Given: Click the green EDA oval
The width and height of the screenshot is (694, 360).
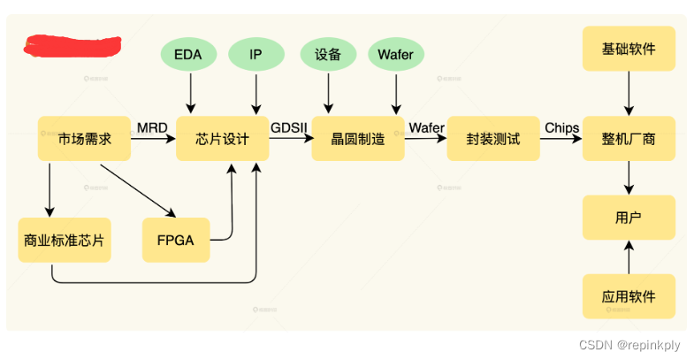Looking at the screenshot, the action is pos(188,55).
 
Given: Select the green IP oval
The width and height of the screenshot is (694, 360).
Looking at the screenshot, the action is pos(256,55).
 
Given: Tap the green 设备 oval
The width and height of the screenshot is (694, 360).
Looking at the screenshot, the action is pos(328,55).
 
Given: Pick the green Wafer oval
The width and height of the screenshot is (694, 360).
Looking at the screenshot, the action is pos(396,55).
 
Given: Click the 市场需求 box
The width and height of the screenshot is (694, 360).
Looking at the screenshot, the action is pos(84,139).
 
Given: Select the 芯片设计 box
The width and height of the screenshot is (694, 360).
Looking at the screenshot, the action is pos(222,139).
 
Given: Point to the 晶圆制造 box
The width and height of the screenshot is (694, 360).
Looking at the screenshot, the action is pos(358,139).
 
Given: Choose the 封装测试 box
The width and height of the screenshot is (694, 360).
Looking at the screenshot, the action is pos(493,139).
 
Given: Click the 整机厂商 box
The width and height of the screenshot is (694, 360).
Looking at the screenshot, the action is pos(629,139).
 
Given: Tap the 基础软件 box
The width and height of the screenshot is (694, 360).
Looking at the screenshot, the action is pos(629,49).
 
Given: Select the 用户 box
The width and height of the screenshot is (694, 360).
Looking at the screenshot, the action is pos(629,218).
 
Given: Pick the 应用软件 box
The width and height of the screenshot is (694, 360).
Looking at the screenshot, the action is pos(629,296).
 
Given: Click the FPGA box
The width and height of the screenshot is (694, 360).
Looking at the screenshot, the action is pos(176,240).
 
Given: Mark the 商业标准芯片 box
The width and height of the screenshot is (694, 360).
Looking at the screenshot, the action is pos(65,240).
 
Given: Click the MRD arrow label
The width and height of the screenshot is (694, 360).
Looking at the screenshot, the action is pos(152,128).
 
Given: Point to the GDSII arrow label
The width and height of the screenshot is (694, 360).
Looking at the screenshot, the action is pos(288,128).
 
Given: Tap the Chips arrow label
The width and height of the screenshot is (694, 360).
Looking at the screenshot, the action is pos(561,128).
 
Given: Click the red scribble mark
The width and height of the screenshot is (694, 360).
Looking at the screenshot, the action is pos(72,46).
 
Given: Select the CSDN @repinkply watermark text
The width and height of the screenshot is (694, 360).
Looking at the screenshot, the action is pos(629,345).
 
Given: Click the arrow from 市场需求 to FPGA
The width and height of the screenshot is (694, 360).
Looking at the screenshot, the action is pos(138,191).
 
